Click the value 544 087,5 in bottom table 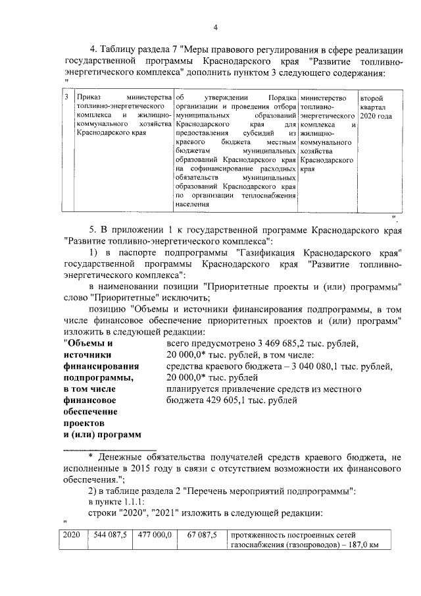110,535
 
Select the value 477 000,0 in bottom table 155,535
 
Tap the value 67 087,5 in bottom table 202,535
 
